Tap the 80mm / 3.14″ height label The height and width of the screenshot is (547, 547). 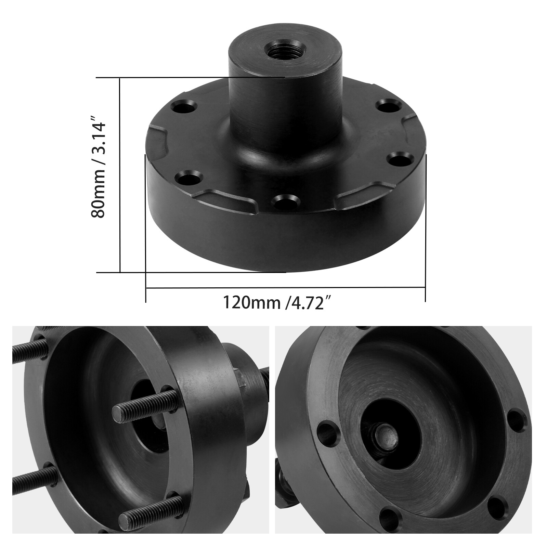click(99, 168)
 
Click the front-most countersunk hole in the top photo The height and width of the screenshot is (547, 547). click(285, 201)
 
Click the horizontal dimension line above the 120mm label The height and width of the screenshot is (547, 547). click(285, 288)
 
